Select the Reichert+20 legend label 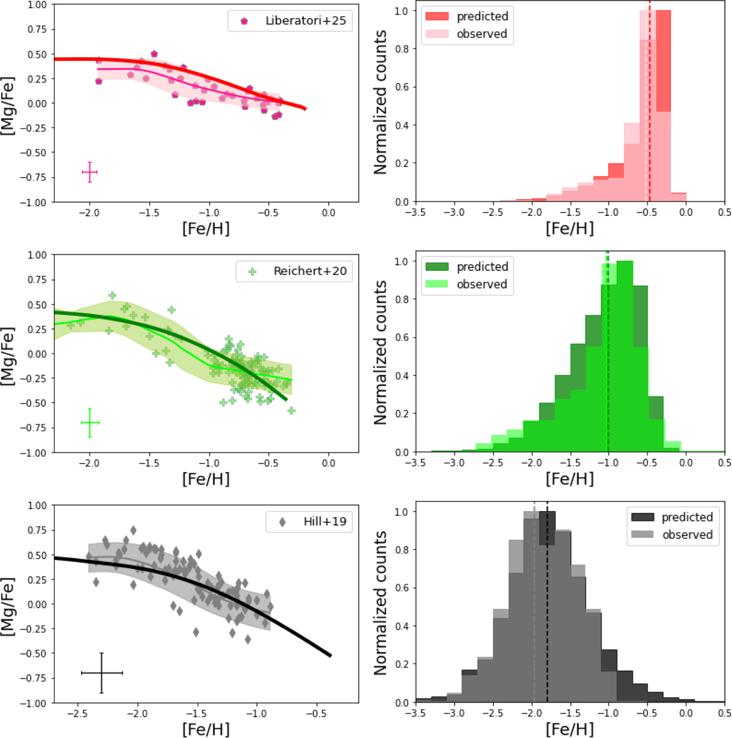pyautogui.click(x=310, y=271)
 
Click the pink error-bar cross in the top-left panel pyautogui.click(x=90, y=173)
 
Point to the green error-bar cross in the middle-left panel pyautogui.click(x=90, y=423)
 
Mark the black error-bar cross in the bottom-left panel pyautogui.click(x=102, y=673)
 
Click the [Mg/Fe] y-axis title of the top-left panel pyautogui.click(x=9, y=103)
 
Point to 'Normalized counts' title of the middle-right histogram pyautogui.click(x=381, y=353)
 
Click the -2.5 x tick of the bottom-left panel pyautogui.click(x=77, y=714)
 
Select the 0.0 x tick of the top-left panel pyautogui.click(x=328, y=213)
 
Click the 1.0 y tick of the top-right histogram pyautogui.click(x=400, y=12)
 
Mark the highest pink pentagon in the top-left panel pyautogui.click(x=154, y=54)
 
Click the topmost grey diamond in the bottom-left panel pyautogui.click(x=133, y=530)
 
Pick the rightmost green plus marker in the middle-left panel pyautogui.click(x=292, y=411)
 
